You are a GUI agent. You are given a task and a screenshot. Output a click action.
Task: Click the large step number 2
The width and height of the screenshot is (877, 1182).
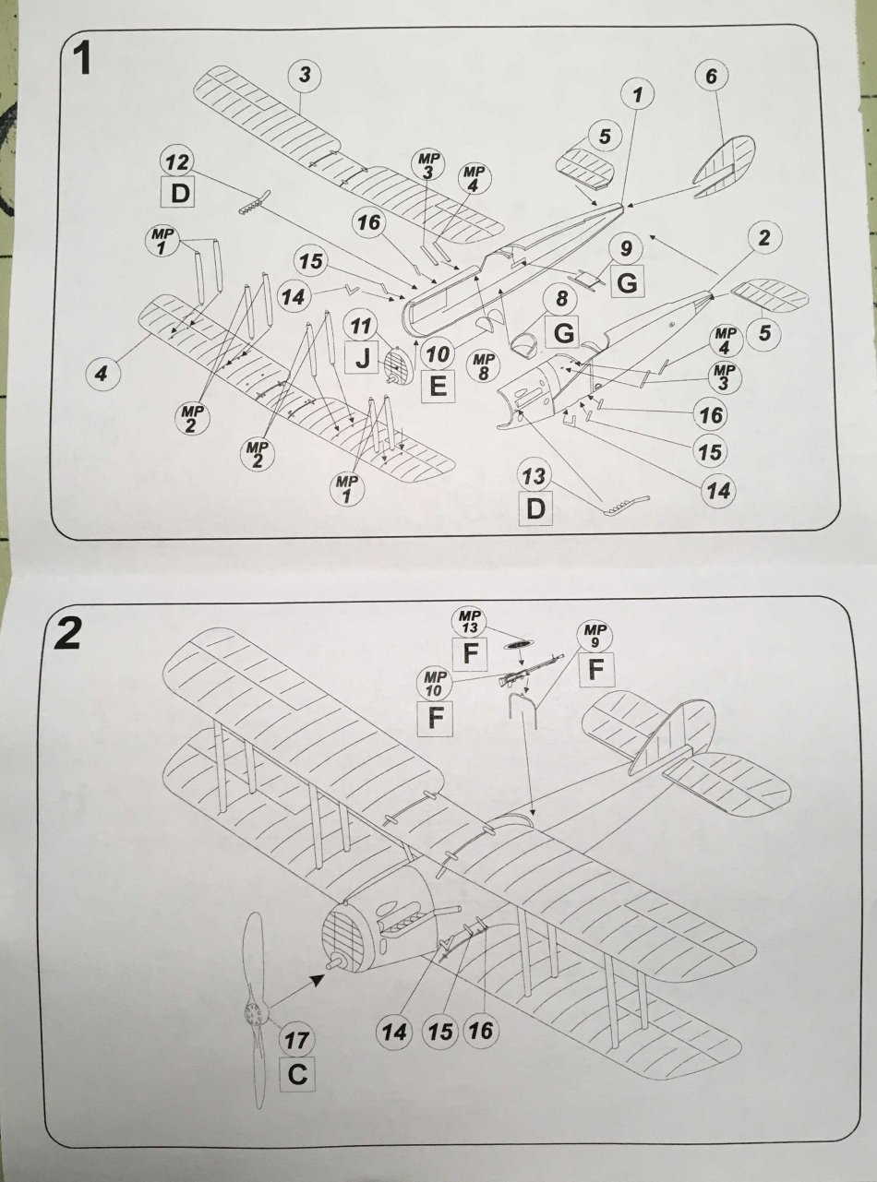tap(67, 636)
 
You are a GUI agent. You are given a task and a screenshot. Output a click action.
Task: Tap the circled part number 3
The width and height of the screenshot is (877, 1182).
tap(305, 75)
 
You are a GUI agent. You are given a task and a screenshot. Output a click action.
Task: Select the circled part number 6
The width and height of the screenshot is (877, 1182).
tap(711, 77)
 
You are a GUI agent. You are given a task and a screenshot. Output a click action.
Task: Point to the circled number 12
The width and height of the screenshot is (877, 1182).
tap(177, 162)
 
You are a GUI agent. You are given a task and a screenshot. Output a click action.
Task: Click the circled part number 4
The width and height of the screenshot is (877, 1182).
tap(102, 373)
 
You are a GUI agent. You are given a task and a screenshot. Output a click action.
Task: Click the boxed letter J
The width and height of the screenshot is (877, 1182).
tap(363, 360)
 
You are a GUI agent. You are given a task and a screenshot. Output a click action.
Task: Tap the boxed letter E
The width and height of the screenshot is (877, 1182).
tap(438, 386)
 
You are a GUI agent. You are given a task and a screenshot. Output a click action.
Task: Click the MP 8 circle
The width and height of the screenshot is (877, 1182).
tap(483, 366)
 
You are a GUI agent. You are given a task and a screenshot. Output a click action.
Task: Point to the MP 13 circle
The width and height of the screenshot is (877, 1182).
tap(469, 622)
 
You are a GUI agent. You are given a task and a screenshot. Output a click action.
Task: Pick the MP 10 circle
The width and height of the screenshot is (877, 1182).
tap(434, 684)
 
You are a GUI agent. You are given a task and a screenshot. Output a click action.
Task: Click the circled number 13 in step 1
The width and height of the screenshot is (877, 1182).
tap(535, 475)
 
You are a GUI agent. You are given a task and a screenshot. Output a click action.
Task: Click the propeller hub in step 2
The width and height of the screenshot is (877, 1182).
tap(255, 1012)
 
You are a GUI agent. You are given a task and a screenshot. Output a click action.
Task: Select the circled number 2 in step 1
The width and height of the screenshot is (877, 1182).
tap(763, 238)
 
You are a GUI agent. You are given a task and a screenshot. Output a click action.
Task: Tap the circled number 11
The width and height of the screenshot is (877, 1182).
tap(360, 326)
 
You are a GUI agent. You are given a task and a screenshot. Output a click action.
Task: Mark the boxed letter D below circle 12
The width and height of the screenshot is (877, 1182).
tap(180, 193)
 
